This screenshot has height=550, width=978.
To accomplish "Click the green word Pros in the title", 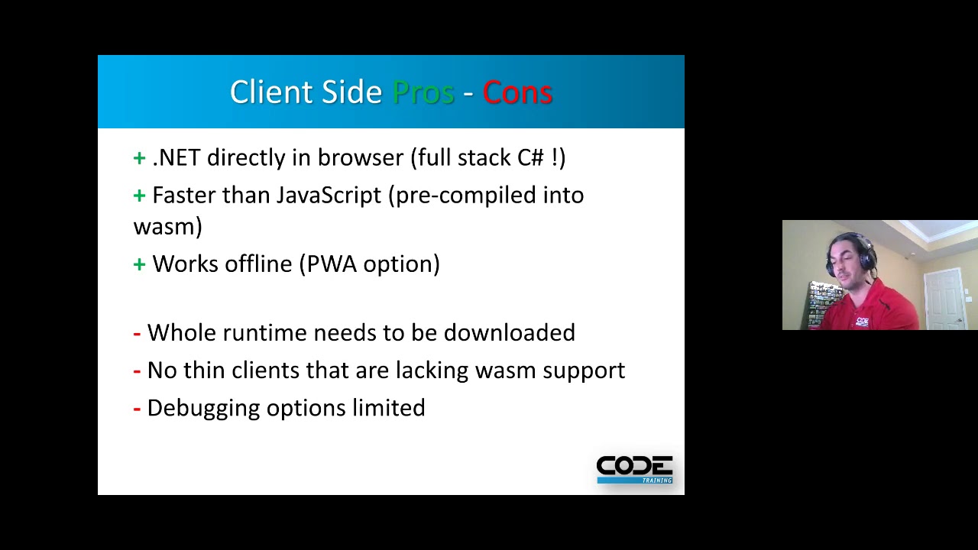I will point(423,92).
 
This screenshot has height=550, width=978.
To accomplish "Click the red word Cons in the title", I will point(517,92).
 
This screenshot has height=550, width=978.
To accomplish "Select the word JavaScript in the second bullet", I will point(328,196).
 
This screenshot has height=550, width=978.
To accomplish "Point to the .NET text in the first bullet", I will point(176,157).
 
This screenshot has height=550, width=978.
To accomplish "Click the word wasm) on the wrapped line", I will point(167,227).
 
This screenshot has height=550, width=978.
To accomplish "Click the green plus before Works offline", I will point(139,264).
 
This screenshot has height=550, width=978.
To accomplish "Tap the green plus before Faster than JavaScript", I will point(139,196).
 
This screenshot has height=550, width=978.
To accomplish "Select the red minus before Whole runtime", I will point(137,333).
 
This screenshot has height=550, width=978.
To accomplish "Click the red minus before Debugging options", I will point(137,409).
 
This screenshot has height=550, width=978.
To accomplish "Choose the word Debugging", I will point(203,409).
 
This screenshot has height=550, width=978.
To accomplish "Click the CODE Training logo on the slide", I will point(634,469).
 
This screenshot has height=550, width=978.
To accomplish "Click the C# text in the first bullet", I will point(530,157).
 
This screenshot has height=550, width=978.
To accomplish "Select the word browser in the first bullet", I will point(360,157).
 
